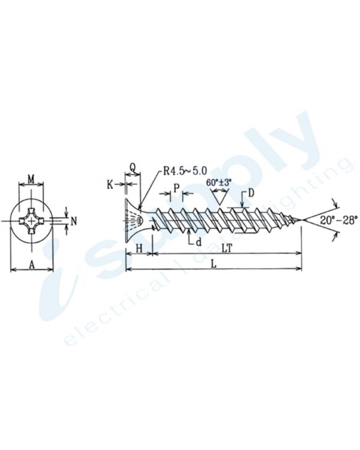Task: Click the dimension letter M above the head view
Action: coord(32,178)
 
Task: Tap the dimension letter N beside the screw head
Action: coord(74,221)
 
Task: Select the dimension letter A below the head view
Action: coord(32,262)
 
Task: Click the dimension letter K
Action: coord(110,184)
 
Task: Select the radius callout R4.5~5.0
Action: coord(183,170)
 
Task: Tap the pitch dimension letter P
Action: coord(176,188)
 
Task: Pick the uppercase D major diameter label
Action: coord(251,193)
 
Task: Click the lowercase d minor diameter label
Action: coord(198,242)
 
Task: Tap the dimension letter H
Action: coord(139,247)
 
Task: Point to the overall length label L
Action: coord(214,263)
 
